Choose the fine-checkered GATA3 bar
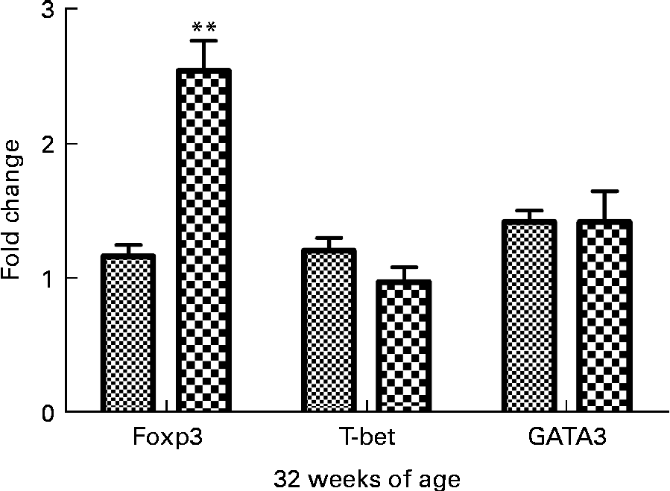[x=529, y=316]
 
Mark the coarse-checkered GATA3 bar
[x=604, y=316]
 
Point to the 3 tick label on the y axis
[x=48, y=10]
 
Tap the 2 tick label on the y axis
[x=48, y=144]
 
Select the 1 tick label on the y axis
[x=48, y=278]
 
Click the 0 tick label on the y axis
[x=48, y=412]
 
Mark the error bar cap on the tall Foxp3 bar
[x=203, y=41]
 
